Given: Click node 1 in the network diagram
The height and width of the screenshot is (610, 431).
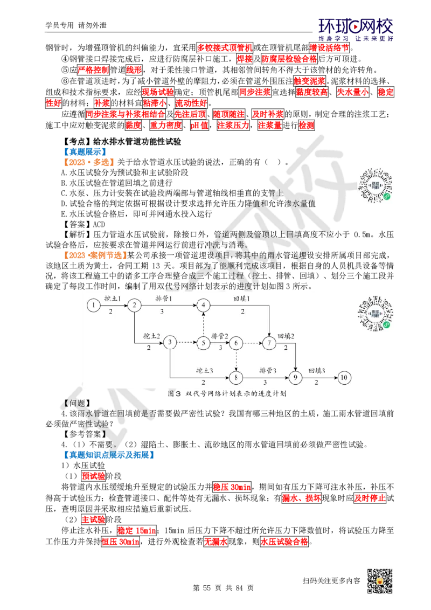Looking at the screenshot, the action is [x=93, y=306].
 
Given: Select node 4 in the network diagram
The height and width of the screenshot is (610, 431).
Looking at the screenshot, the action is [x=203, y=306].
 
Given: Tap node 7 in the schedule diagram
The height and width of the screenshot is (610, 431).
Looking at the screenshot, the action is [x=269, y=343].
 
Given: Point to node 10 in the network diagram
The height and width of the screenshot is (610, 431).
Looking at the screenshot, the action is [x=344, y=377].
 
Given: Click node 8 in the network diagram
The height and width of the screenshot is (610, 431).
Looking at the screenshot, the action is [x=236, y=377].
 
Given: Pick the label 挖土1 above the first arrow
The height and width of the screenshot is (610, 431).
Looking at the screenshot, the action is [x=113, y=299].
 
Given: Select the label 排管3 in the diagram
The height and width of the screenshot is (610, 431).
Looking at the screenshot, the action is [x=268, y=370].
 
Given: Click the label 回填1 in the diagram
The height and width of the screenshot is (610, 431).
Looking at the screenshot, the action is [x=242, y=299].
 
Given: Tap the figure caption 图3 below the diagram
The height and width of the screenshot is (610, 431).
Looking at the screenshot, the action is [x=227, y=393].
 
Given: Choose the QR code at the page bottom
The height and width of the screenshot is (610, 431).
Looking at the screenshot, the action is [x=380, y=581].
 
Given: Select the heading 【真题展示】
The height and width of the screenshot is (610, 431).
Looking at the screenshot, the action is [x=84, y=152].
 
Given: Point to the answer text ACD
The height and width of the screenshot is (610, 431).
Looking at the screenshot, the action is [x=99, y=225].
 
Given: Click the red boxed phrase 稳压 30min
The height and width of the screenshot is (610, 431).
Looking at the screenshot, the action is [x=232, y=487].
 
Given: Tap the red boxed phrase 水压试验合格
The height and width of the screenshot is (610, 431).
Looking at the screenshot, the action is [x=284, y=542].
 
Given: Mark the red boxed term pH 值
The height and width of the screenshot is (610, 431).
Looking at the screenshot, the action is [x=199, y=125].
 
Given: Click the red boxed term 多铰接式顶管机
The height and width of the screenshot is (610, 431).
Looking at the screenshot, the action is [x=225, y=48].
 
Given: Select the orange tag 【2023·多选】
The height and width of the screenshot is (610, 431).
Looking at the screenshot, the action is [x=88, y=162].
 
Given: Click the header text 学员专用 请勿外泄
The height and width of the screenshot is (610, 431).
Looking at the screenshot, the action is [x=76, y=25].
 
